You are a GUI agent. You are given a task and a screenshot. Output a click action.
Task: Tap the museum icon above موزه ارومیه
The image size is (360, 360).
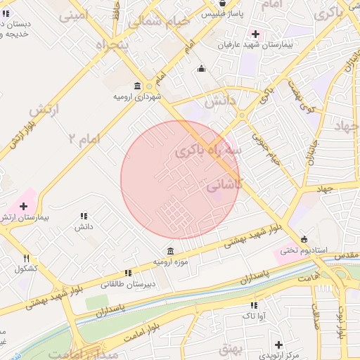pyautogui.click(x=171, y=251)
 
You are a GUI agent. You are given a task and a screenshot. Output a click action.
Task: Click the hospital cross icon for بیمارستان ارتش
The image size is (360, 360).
pyautogui.click(x=24, y=207)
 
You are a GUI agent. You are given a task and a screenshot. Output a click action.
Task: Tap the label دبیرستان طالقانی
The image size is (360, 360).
pyautogui.click(x=127, y=284)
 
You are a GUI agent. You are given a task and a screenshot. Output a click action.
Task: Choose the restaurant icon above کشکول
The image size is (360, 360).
pyautogui.click(x=27, y=258)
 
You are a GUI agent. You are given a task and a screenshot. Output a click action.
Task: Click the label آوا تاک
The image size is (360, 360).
pyautogui.click(x=252, y=317)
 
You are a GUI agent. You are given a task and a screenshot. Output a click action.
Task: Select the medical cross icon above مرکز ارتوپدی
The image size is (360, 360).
pyautogui.click(x=279, y=345)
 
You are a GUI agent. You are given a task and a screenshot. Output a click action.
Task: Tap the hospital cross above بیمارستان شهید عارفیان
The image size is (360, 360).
pyautogui.click(x=255, y=34)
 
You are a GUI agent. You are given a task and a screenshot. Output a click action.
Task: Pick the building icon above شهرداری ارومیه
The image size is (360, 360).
pyautogui.click(x=136, y=85)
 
